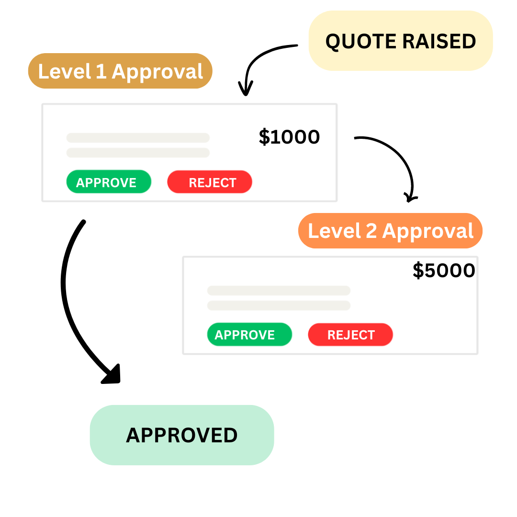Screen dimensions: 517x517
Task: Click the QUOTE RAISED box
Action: click(x=401, y=41)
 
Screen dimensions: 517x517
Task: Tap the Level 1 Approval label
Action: click(x=120, y=71)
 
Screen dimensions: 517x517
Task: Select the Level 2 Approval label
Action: click(x=390, y=231)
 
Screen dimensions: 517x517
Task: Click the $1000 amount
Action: click(x=289, y=137)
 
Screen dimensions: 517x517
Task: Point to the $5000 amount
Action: click(x=444, y=270)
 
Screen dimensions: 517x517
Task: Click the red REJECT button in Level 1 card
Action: click(x=210, y=182)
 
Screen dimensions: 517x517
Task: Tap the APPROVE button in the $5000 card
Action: click(x=249, y=335)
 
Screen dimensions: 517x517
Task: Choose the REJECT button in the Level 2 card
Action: click(x=350, y=335)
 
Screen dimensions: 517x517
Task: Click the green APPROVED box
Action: click(x=182, y=435)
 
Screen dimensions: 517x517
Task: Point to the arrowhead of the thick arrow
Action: click(x=112, y=374)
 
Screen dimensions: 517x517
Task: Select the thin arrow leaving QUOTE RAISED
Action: click(x=258, y=57)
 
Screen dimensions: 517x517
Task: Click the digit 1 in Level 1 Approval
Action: click(x=101, y=71)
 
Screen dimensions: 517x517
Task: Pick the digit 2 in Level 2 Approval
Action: click(x=371, y=231)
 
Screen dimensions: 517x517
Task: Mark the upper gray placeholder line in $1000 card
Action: click(x=138, y=138)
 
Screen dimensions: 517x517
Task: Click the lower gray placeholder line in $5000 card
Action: click(x=279, y=305)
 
